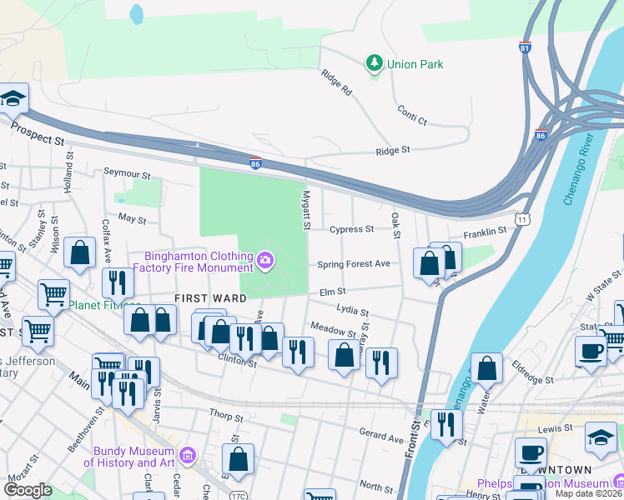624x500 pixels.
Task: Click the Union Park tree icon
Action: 375,62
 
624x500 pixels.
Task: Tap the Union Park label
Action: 416,64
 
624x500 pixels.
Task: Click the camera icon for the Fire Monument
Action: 264,262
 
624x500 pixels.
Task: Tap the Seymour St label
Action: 127,176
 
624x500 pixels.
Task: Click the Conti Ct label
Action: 412,115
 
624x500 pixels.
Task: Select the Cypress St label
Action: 351,229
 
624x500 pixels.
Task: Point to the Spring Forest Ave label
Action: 354,264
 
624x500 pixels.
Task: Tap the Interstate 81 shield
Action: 526,47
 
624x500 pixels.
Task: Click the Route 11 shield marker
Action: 522,219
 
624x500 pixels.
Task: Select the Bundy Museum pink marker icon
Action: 188,456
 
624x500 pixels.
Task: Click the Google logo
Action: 28,490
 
